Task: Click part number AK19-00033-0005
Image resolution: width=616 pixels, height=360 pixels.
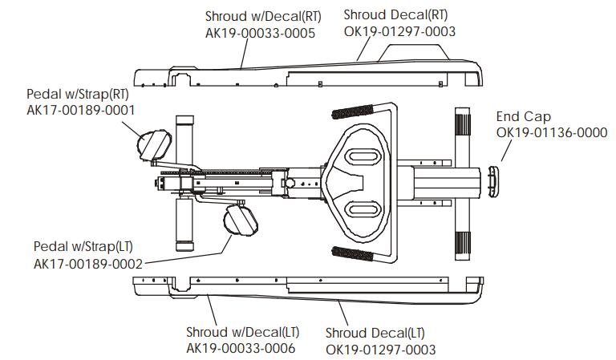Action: coord(260,33)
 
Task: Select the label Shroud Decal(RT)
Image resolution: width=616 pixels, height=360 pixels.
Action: coord(395,14)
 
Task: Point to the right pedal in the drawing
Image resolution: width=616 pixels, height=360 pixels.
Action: coord(154,144)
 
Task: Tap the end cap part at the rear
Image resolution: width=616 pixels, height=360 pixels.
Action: coord(492,183)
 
